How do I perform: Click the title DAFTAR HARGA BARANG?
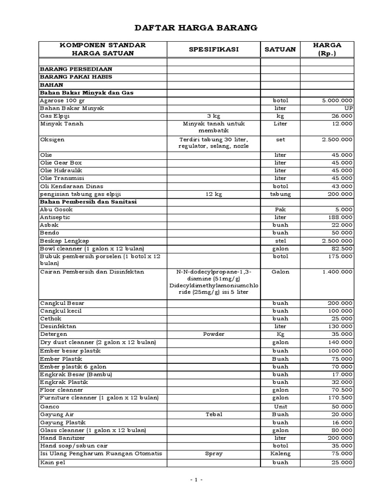(x=188, y=28)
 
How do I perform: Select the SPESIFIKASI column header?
(x=213, y=50)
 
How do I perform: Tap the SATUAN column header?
(x=280, y=50)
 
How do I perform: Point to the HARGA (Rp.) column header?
(x=327, y=49)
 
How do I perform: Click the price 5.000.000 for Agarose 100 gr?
(x=337, y=100)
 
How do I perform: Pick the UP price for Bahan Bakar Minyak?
(x=347, y=108)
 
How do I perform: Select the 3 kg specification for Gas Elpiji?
(x=213, y=116)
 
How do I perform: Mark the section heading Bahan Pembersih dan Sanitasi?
(x=88, y=202)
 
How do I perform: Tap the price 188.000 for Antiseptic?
(x=340, y=218)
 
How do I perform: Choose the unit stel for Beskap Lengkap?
(x=280, y=241)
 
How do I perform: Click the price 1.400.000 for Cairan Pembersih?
(x=337, y=272)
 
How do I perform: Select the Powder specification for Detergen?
(x=213, y=334)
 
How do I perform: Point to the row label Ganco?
(x=49, y=407)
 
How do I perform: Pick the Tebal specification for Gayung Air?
(x=213, y=415)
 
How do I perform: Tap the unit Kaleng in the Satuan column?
(x=280, y=454)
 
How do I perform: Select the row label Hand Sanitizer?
(x=62, y=438)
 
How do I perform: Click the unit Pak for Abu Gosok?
(x=280, y=210)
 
